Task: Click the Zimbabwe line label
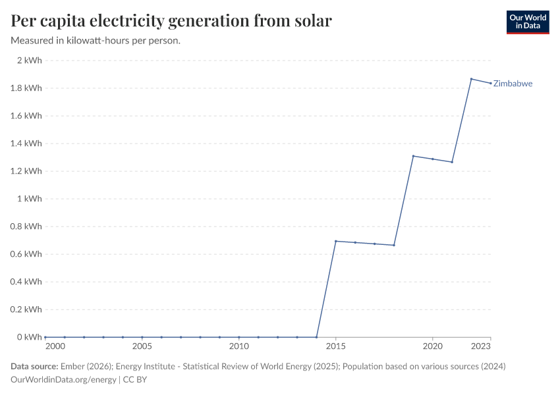(x=513, y=84)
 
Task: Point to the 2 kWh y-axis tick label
(x=29, y=61)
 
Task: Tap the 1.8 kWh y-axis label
(x=26, y=88)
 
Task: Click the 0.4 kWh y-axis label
(x=26, y=282)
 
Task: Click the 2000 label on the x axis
(x=55, y=346)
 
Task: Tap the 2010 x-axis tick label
(x=239, y=346)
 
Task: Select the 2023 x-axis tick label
(x=482, y=346)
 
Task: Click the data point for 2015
(x=336, y=241)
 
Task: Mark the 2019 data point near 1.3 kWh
(x=413, y=156)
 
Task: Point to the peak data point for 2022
(x=471, y=79)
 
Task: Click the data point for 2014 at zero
(x=317, y=337)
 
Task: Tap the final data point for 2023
(x=490, y=83)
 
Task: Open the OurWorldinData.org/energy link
(x=63, y=380)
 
